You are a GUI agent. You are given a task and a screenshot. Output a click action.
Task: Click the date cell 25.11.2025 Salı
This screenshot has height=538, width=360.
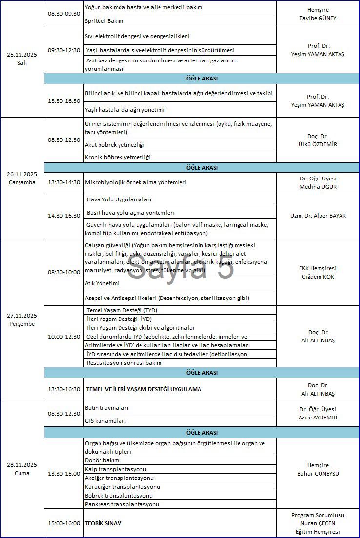tap(22, 59)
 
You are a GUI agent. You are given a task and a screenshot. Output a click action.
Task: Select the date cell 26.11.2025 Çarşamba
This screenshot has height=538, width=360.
tap(22, 178)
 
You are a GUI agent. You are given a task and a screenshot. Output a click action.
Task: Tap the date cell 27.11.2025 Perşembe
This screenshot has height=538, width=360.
tap(22, 319)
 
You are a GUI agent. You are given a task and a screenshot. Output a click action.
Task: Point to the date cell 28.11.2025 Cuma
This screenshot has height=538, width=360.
tap(22, 469)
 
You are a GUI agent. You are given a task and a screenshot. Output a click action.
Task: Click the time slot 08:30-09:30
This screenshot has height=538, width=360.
tap(64, 14)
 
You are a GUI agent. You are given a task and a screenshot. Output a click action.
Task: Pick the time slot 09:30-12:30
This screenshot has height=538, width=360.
tap(64, 50)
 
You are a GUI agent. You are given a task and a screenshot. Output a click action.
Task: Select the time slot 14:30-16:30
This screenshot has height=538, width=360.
tap(64, 216)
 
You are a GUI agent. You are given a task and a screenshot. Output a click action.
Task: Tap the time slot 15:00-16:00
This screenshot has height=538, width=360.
tap(64, 523)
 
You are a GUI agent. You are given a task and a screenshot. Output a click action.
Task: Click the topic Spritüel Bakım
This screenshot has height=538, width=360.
tap(104, 21)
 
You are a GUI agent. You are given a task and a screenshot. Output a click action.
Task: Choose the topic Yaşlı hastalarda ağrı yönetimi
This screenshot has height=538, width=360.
tap(125, 110)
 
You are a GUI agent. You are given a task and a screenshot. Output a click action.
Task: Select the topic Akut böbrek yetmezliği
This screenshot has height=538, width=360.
tap(115, 145)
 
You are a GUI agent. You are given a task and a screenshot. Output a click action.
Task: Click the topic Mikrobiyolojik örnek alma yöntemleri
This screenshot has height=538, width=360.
tap(136, 182)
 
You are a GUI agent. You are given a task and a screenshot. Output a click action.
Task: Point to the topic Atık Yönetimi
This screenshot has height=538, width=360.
tap(102, 283)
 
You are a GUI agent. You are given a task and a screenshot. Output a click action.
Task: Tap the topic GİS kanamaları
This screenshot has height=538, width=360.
tap(105, 421)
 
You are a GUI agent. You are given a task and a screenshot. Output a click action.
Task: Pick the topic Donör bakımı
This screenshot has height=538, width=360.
tap(102, 460)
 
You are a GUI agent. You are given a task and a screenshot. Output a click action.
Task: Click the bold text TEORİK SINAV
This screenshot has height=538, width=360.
tap(104, 523)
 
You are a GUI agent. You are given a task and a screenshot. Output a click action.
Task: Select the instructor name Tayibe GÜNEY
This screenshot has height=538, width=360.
tap(318, 18)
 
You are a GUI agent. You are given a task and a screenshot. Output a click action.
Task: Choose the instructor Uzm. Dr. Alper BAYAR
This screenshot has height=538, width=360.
tap(318, 216)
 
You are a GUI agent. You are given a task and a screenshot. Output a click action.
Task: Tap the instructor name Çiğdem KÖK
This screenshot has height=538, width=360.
tap(318, 277)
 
